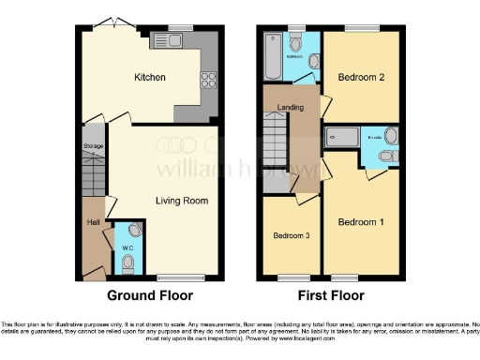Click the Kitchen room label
(x=150, y=78)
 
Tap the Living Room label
(x=181, y=201)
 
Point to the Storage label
(x=94, y=147)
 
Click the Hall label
(x=94, y=223)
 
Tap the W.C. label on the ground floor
(x=129, y=248)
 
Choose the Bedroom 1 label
(x=360, y=222)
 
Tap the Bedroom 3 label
(x=292, y=235)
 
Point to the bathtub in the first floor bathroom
(x=273, y=44)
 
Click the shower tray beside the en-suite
(x=341, y=138)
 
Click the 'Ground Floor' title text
(x=150, y=295)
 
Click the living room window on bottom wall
(x=180, y=277)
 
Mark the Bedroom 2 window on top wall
(x=360, y=28)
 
